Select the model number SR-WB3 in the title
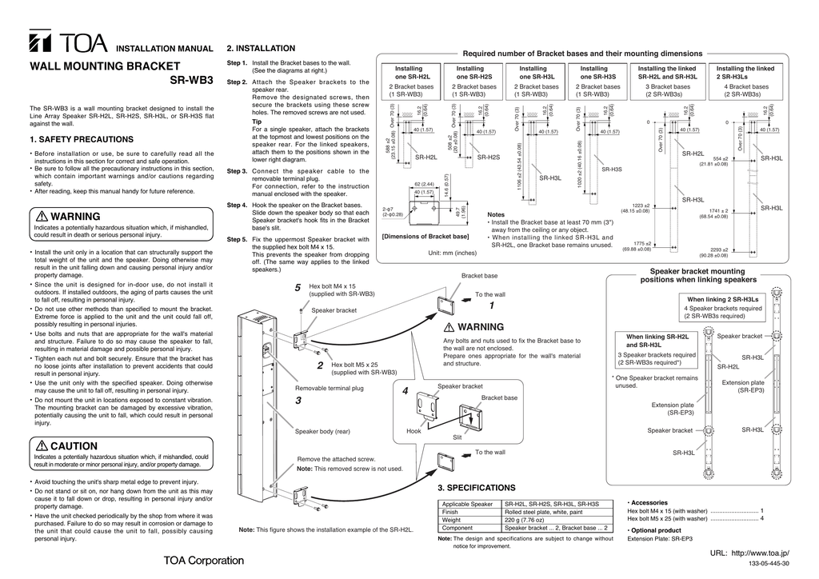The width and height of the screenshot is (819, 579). click(192, 81)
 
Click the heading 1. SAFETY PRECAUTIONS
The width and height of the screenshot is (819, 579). click(82, 140)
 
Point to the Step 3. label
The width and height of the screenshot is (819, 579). click(236, 171)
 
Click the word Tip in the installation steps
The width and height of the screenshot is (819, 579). click(257, 122)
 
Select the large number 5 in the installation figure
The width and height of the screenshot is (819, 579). click(297, 288)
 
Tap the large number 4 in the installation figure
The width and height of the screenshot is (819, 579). click(406, 391)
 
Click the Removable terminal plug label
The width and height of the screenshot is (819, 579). click(329, 388)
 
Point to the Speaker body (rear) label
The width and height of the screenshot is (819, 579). click(322, 432)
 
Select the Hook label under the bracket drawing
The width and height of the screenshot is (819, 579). click(413, 431)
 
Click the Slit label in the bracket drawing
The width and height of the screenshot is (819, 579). click(457, 437)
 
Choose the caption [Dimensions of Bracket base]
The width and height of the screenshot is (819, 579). click(425, 237)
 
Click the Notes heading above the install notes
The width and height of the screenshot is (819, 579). click(497, 215)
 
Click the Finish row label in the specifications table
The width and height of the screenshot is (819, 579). click(450, 512)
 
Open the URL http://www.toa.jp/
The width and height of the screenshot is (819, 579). click(749, 554)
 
